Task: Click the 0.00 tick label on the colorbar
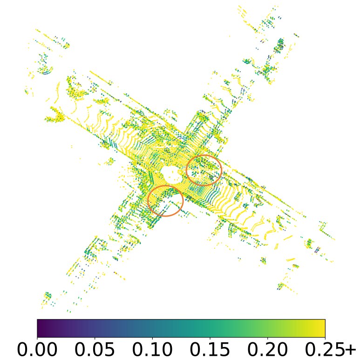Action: (x=37, y=350)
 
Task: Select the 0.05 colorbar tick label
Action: (x=95, y=350)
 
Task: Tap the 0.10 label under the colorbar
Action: (x=152, y=350)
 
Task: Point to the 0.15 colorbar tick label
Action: (x=210, y=350)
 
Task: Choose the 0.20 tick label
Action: (x=267, y=350)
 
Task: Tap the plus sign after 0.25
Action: (x=349, y=350)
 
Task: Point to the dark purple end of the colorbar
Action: (x=40, y=328)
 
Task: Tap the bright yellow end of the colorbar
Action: (x=322, y=328)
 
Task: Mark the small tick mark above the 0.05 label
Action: (x=95, y=339)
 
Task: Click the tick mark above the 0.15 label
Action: (x=210, y=339)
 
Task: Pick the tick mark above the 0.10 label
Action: (x=152, y=339)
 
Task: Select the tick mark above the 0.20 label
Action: (x=267, y=339)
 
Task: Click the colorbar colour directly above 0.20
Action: (x=267, y=328)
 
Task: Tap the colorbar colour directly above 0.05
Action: (x=95, y=328)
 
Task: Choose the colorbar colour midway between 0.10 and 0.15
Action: (x=181, y=328)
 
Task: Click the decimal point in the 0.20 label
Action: (x=262, y=356)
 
